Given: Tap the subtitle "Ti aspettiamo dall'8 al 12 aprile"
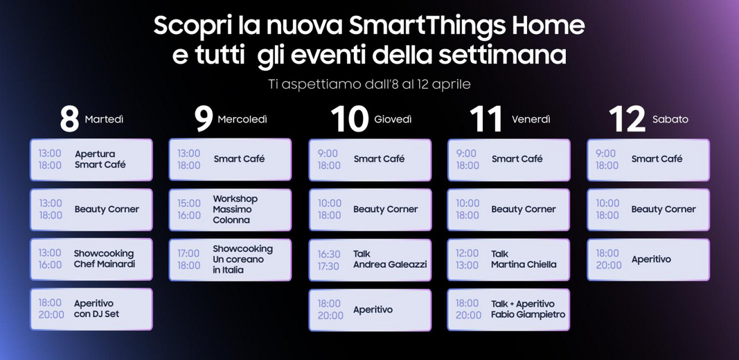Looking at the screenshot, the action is tap(370, 84).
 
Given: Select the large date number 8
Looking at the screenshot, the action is tap(69, 119).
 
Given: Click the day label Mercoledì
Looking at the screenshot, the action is tap(242, 120).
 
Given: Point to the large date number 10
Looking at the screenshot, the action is tap(349, 119).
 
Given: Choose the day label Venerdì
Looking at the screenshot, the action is tap(531, 120).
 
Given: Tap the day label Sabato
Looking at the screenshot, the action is tap(670, 120).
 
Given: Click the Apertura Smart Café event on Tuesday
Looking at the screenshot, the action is tap(100, 159).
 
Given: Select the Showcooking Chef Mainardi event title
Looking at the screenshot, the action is tap(104, 259).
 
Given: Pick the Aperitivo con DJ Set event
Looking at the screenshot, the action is tap(96, 309).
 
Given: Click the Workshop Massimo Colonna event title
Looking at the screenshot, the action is tap(235, 209).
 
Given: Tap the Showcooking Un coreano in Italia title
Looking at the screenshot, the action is tap(242, 259).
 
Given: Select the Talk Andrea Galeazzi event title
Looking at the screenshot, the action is tap(390, 259).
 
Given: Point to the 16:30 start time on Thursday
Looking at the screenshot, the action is tap(328, 254).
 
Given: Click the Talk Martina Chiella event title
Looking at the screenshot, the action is tap(523, 259).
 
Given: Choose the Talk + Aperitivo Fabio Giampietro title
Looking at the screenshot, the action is tap(528, 309).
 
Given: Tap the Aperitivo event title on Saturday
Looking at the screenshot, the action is tap(651, 260).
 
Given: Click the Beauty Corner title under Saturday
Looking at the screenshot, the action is tap(664, 209).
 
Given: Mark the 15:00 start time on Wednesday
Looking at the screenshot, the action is tap(189, 204).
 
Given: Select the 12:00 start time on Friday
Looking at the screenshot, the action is tap(467, 253).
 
